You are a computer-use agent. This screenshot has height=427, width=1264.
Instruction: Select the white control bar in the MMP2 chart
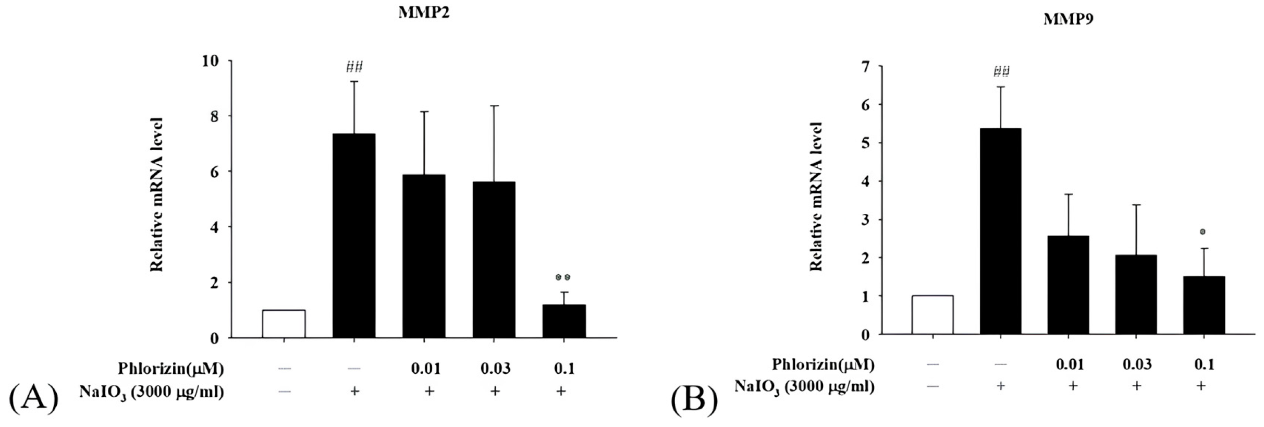(x=284, y=324)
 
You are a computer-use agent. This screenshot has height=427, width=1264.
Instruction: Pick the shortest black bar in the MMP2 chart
(x=563, y=321)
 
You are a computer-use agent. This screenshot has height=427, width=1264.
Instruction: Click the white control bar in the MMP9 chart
(x=932, y=314)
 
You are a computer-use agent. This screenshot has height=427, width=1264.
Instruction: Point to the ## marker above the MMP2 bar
(x=354, y=67)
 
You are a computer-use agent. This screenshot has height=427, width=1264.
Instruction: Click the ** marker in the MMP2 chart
(x=563, y=277)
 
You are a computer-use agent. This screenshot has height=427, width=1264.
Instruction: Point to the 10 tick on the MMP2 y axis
(x=212, y=61)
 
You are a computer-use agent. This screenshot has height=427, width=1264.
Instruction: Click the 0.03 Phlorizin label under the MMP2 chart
(x=495, y=369)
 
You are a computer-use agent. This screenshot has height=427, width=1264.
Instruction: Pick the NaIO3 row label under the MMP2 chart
(x=151, y=391)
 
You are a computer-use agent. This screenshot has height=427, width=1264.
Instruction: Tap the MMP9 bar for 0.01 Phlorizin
(x=1068, y=285)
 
